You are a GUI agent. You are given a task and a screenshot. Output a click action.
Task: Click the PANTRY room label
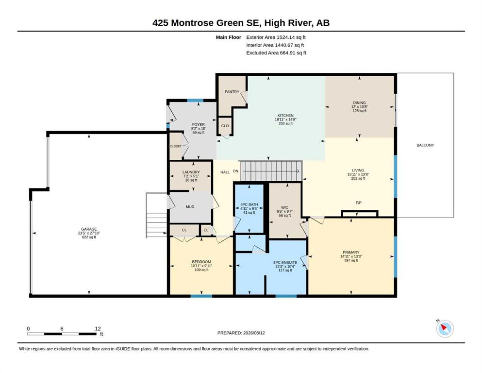pyautogui.click(x=232, y=92)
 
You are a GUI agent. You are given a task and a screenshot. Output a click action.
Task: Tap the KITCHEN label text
pyautogui.click(x=285, y=115)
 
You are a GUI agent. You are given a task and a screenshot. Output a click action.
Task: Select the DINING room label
pyautogui.click(x=359, y=102)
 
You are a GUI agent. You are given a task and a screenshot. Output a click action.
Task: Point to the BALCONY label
pyautogui.click(x=425, y=145)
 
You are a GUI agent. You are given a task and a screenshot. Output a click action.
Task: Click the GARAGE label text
pyautogui.click(x=89, y=229)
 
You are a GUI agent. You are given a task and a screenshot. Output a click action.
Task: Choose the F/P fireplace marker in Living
pyautogui.click(x=358, y=203)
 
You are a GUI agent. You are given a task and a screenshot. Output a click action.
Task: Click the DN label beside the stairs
pyautogui.click(x=235, y=171)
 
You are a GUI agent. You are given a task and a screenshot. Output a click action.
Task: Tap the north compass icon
pyautogui.click(x=445, y=328)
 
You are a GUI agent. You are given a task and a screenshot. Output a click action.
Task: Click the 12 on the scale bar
pyautogui.click(x=98, y=329)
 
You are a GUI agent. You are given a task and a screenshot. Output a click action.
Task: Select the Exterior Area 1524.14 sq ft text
pyautogui.click(x=276, y=37)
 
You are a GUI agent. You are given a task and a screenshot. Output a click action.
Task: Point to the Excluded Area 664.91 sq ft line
pyautogui.click(x=276, y=53)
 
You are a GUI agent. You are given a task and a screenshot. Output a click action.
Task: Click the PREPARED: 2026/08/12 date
pyautogui.click(x=241, y=333)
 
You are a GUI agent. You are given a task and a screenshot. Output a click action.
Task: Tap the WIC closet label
pyautogui.click(x=284, y=207)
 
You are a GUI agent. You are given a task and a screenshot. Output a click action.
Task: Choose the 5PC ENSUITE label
pyautogui.click(x=285, y=262)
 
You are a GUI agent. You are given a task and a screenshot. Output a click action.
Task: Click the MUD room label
pyautogui.click(x=190, y=206)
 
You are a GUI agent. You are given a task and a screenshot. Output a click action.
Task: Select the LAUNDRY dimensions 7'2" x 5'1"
pyautogui.click(x=191, y=176)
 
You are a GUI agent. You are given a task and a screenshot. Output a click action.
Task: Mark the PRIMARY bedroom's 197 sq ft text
pyautogui.click(x=351, y=260)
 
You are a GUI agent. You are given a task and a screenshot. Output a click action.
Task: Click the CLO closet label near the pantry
pyautogui.click(x=225, y=126)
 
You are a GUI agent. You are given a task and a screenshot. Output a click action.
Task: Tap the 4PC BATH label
pyautogui.click(x=249, y=204)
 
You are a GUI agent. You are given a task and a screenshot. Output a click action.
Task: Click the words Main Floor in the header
pyautogui.click(x=229, y=37)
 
